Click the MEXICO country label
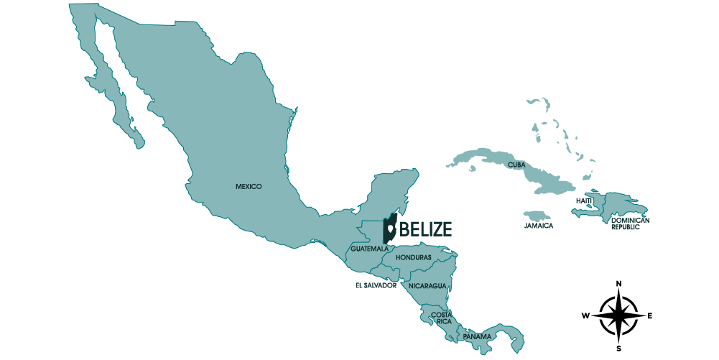pos(249,187)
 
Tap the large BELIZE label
pos(425,229)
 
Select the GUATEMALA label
pos(370,249)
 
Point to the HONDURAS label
pos(413,257)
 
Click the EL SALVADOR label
pos(376,285)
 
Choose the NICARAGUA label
pos(427,286)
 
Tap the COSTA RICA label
pos(441,318)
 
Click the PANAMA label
pos(477,336)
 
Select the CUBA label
pos(516,165)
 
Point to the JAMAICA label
pos(539,226)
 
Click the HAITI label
pos(584,200)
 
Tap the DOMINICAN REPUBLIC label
pos(630,223)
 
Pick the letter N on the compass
pos(619,283)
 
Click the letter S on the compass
pos(619,349)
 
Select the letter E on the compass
pos(651,315)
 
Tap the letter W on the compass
pos(586,315)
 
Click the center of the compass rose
pos(619,315)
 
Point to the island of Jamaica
pos(537,216)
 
